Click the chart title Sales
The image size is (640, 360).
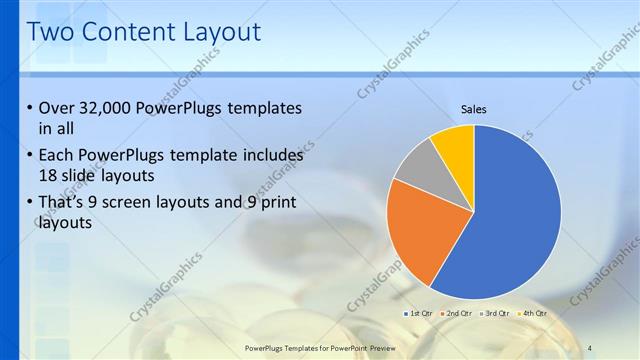(474, 109)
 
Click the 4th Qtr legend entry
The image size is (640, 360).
(532, 313)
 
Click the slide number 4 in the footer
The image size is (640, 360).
(590, 347)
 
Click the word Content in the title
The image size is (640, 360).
(125, 32)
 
